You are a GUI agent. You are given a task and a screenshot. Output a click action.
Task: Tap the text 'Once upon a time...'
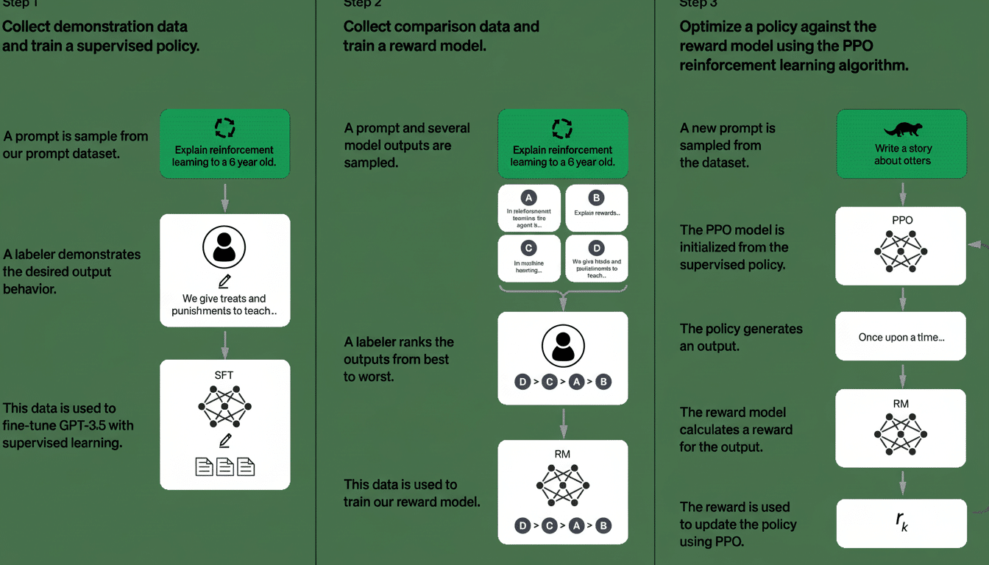point(901,337)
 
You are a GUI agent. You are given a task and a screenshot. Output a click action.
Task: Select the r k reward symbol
point(901,522)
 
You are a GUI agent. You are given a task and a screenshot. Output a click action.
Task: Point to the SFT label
point(224,375)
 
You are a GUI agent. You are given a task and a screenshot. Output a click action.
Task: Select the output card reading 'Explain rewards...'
point(597,207)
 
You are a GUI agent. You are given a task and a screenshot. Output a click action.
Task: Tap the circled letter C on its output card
point(528,248)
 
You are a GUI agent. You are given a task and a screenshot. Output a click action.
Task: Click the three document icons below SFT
point(224,466)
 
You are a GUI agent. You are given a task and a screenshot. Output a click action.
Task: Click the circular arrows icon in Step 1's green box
point(224,129)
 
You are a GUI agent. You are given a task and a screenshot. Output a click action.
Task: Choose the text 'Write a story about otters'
point(902,154)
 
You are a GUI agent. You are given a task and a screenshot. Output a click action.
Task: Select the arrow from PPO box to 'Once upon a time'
point(902,298)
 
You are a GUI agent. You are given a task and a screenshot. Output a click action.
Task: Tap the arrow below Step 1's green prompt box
point(225,197)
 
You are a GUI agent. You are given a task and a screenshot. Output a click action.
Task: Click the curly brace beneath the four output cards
point(562,294)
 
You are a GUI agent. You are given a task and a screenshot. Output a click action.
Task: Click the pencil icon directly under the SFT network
point(225,440)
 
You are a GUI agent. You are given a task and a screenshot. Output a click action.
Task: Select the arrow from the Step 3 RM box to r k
point(902,483)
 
